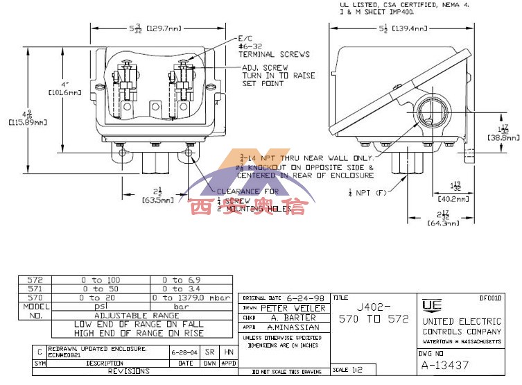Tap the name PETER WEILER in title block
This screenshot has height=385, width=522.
coord(293,308)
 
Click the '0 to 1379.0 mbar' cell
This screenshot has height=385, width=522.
coord(193,297)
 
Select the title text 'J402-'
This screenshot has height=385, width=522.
coord(374,306)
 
